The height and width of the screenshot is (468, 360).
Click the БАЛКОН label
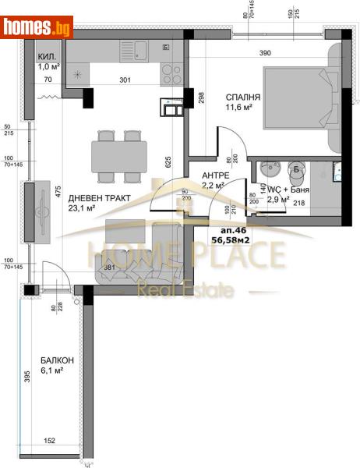tap(57, 360)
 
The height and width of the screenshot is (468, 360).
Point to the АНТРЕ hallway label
tap(215, 175)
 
